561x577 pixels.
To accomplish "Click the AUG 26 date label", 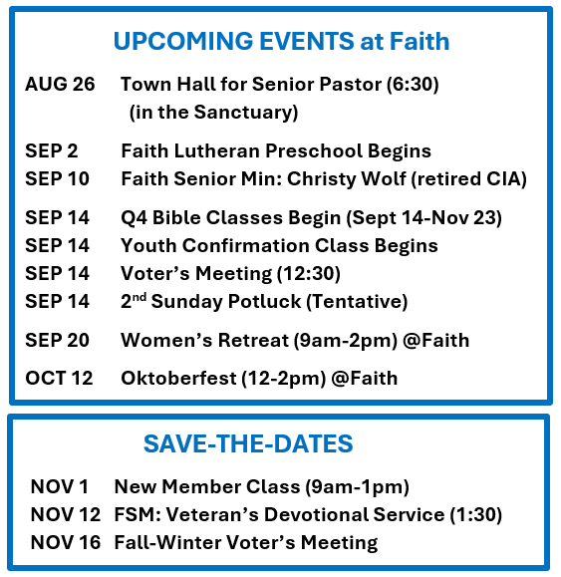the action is pos(60,84).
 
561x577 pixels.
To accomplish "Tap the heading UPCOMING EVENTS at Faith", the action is pos(281,41).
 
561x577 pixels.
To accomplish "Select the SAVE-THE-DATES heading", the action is pos(248,443).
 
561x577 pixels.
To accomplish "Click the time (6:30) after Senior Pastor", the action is pos(413,85).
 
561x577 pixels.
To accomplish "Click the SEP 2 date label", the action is pos(52,150).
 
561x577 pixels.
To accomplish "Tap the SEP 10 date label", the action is pos(57,178).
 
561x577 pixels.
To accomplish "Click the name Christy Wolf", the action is pos(346,179).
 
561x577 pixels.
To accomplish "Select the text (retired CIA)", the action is pos(468,179).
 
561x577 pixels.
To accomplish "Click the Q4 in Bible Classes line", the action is pos(134,217).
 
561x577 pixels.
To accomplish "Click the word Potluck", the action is pos(264,301).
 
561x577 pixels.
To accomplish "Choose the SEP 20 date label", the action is pos(57,340).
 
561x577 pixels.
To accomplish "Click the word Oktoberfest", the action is pos(178,379).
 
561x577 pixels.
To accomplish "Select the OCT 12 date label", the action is pos(59,379).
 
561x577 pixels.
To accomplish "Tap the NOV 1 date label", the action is pos(60,486).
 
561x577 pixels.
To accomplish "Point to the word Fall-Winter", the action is pos(167,542).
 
